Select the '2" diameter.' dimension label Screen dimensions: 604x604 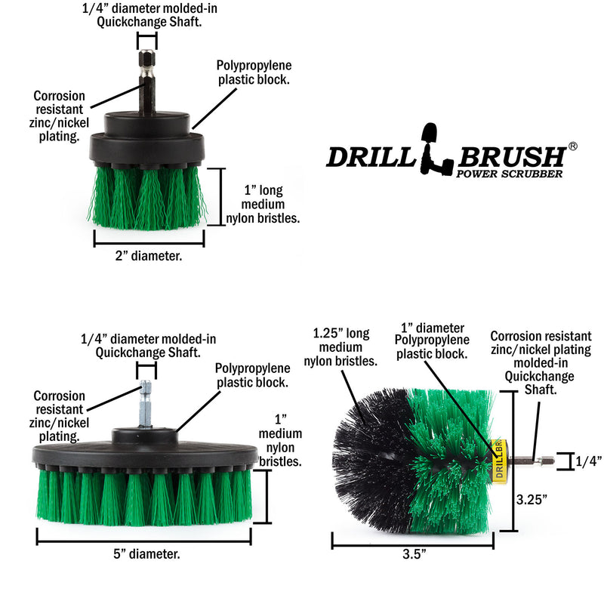tap(149, 256)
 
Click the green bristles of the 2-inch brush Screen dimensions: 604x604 tap(147, 196)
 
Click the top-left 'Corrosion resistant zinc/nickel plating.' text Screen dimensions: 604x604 tap(59, 116)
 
